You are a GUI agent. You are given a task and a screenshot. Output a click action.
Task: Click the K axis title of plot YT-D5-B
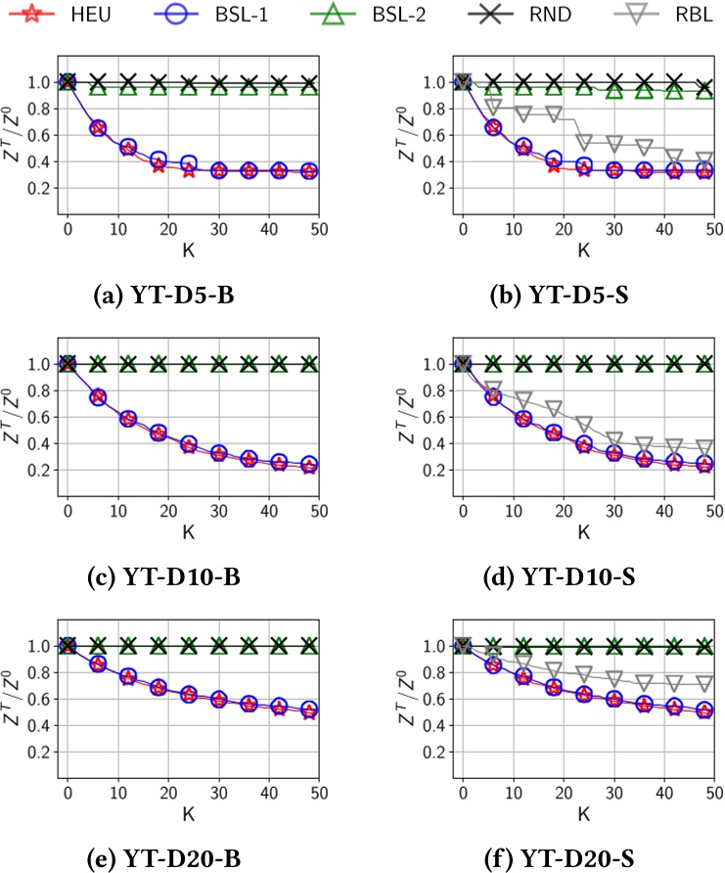pos(188,249)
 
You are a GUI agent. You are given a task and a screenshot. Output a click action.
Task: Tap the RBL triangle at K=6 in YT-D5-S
pos(493,106)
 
